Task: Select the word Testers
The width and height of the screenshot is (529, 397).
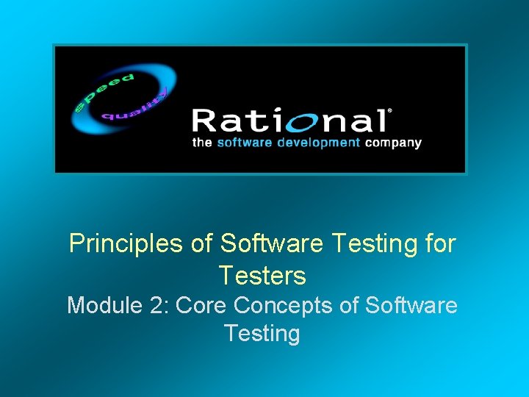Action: click(262, 276)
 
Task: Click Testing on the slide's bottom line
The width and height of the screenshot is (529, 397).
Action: click(262, 334)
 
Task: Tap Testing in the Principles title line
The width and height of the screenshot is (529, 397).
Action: click(372, 244)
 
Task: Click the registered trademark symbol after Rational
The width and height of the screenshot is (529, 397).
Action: click(389, 111)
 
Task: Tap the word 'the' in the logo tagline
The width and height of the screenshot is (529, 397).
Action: click(201, 143)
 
